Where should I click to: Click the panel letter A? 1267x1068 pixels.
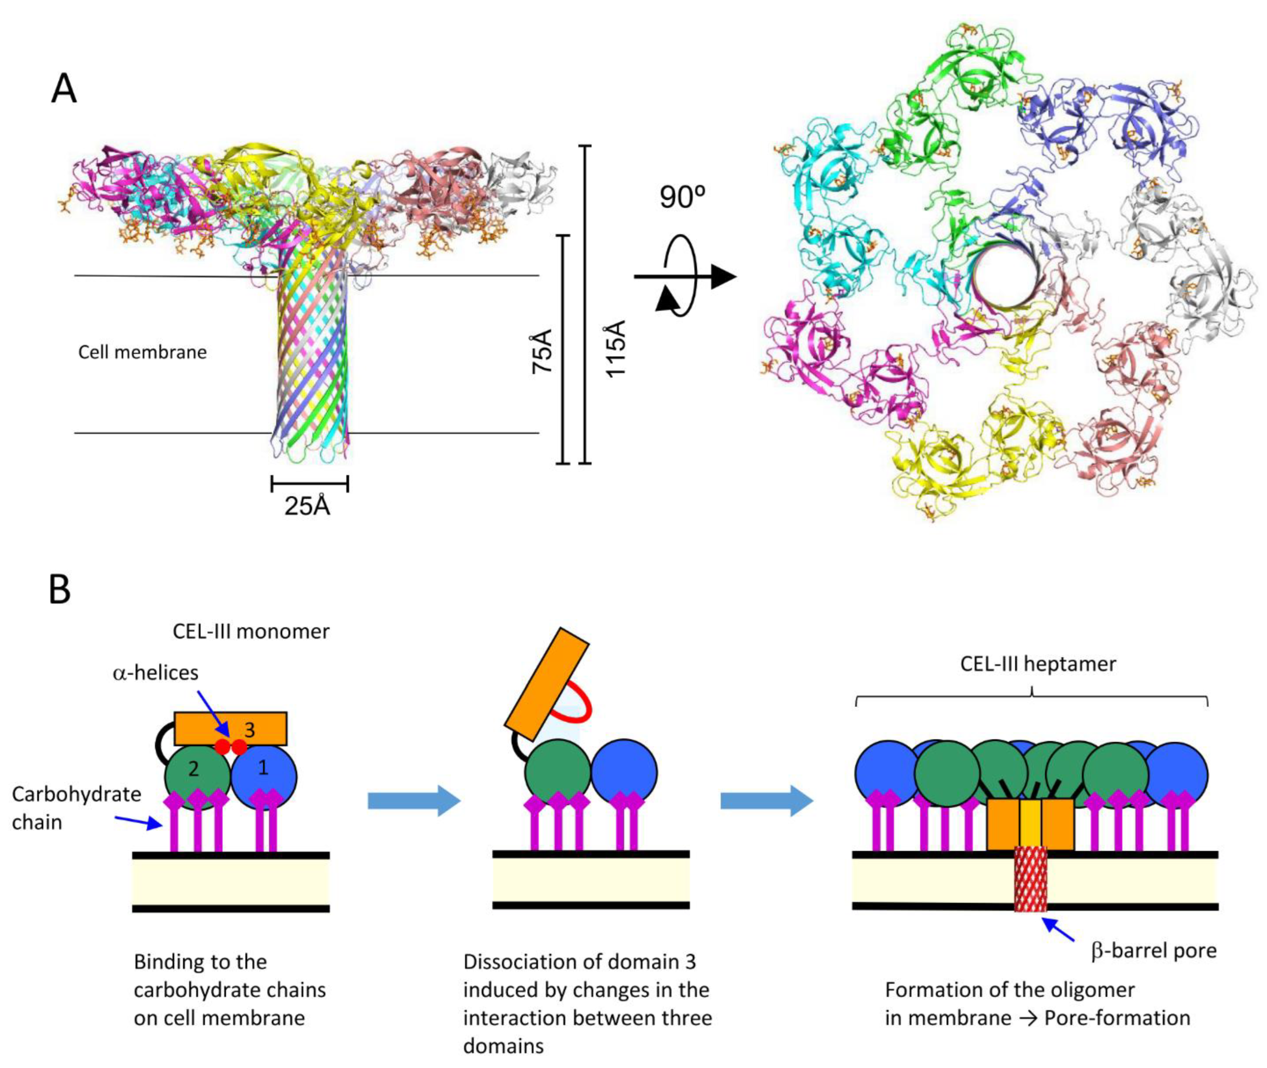tap(64, 89)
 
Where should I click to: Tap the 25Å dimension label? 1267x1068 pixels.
tap(308, 506)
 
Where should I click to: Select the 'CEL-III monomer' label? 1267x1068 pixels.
tap(251, 631)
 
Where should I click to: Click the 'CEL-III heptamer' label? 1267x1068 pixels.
tap(1038, 664)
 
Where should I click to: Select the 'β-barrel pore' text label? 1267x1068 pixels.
tap(1153, 950)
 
